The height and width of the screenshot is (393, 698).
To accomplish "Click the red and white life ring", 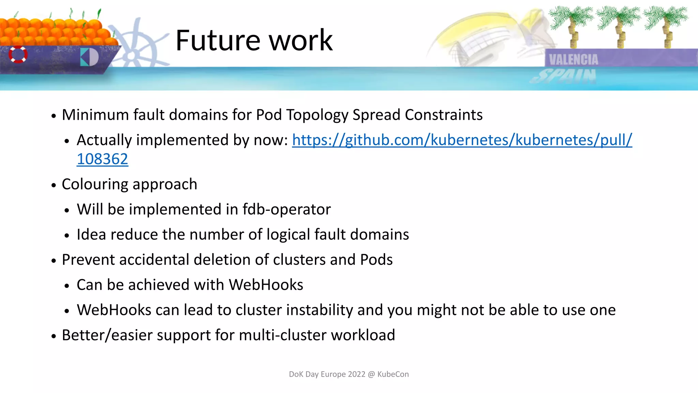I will pyautogui.click(x=18, y=54).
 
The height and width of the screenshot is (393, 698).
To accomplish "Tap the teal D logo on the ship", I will pyautogui.click(x=89, y=57).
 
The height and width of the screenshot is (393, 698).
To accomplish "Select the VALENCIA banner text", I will pyautogui.click(x=573, y=60).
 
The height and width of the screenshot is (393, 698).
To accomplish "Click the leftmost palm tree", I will pyautogui.click(x=572, y=24).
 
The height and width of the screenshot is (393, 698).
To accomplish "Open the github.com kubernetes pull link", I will pyautogui.click(x=462, y=140).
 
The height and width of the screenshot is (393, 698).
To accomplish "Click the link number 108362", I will pyautogui.click(x=102, y=159).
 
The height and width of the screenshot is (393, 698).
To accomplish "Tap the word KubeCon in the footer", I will pyautogui.click(x=393, y=374).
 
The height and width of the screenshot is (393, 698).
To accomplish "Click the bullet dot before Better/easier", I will pyautogui.click(x=54, y=336).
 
